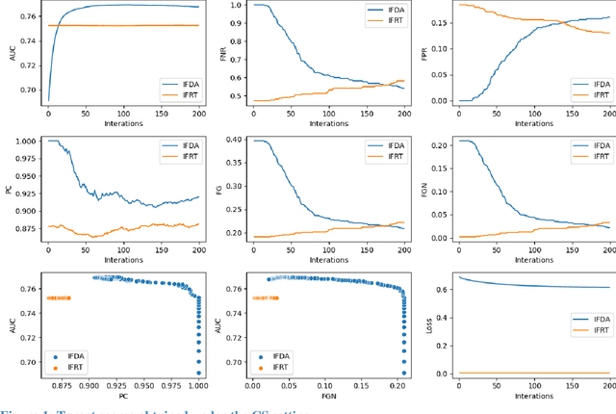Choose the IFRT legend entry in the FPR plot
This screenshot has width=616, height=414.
click(x=588, y=25)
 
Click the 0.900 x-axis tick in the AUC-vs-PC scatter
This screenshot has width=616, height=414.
click(x=89, y=387)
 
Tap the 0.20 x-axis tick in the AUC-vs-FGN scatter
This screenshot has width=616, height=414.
click(x=397, y=387)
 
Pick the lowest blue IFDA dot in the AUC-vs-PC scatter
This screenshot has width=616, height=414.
click(x=199, y=373)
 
